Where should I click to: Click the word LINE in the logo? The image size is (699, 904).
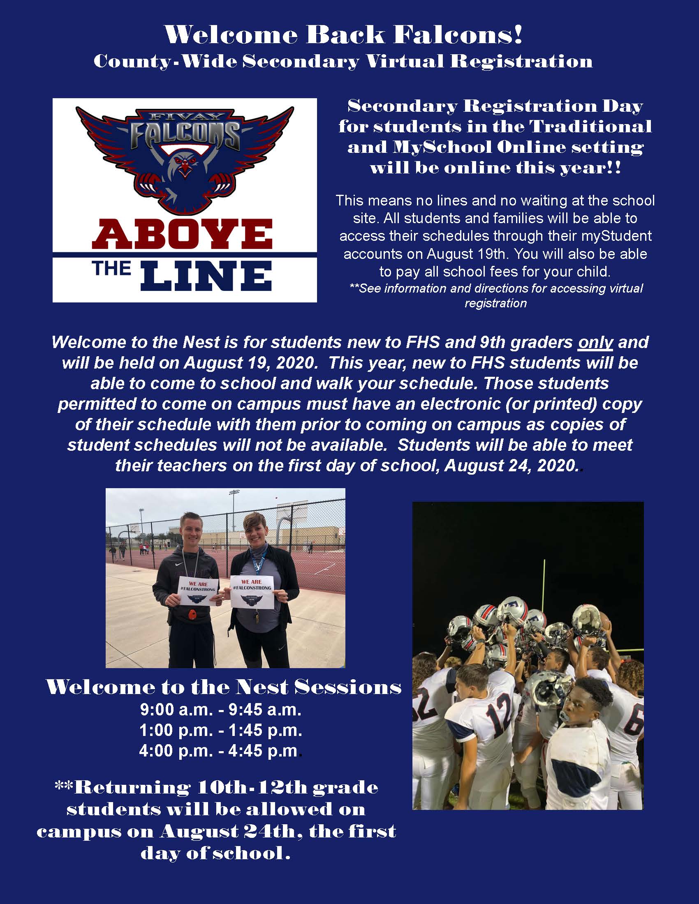[206, 276]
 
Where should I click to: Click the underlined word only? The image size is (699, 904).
[595, 342]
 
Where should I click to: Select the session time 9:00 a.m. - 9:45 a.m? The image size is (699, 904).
[221, 710]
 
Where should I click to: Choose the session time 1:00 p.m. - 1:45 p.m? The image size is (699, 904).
[221, 730]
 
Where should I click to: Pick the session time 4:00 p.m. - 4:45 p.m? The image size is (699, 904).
[219, 750]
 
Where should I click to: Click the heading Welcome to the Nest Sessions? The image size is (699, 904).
[224, 687]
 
